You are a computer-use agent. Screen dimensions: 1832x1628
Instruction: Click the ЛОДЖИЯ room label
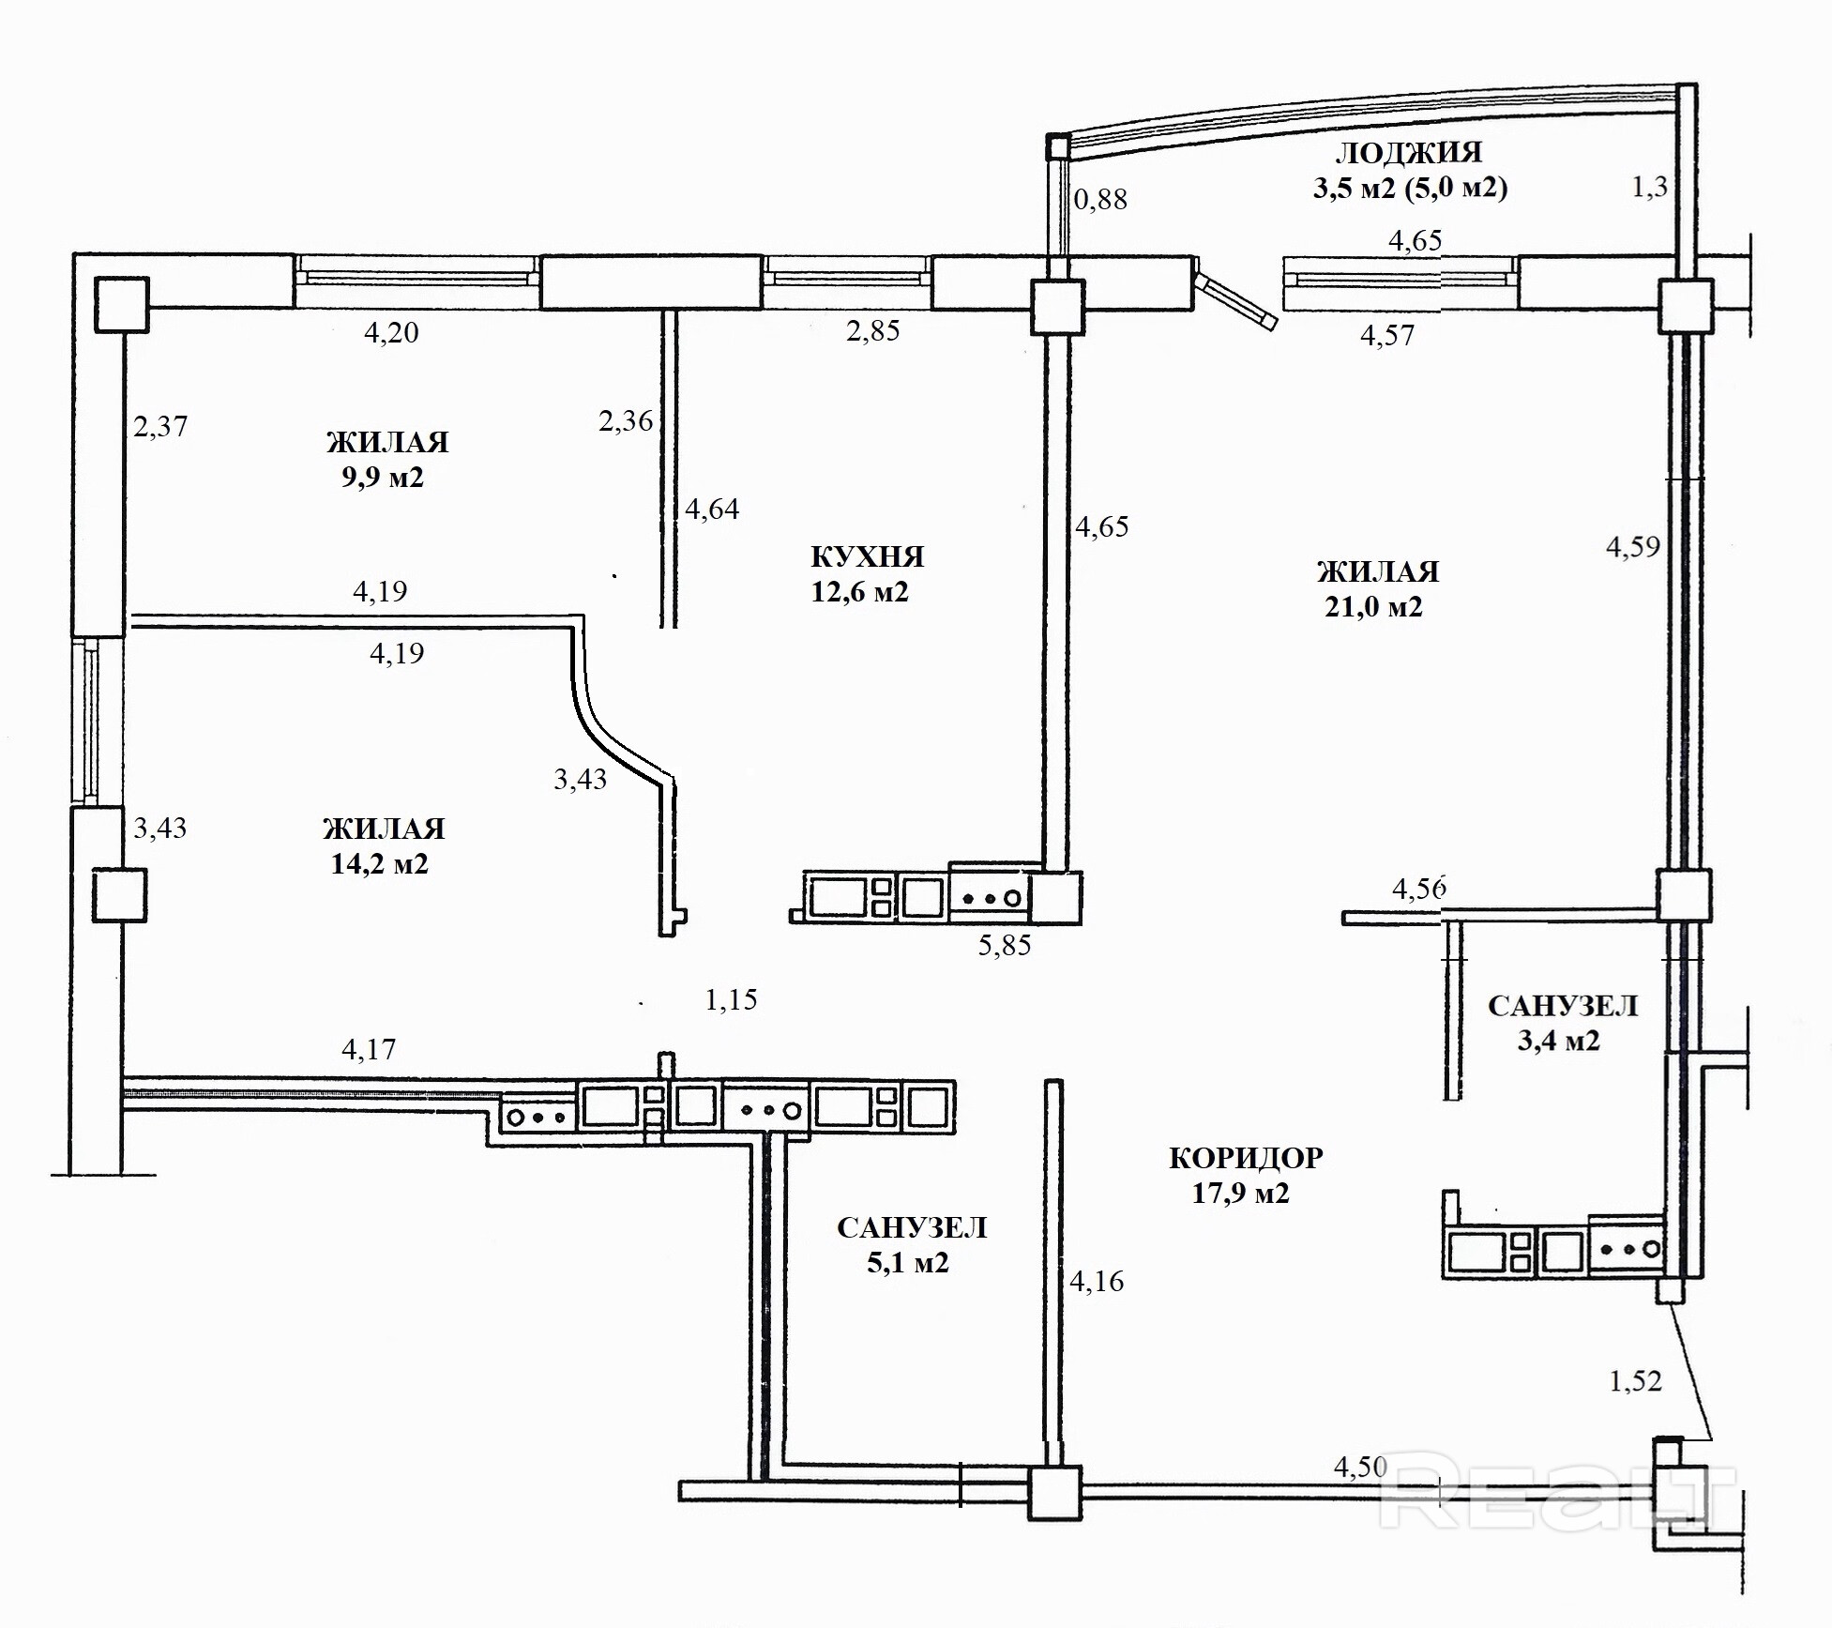click(x=1408, y=153)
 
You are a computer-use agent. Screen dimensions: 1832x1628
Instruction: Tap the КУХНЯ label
click(x=868, y=557)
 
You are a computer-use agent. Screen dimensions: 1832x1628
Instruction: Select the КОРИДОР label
click(x=1246, y=1158)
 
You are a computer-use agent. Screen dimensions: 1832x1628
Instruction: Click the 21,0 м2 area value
click(x=1373, y=607)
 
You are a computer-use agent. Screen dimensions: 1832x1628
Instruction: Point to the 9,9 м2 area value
click(x=382, y=478)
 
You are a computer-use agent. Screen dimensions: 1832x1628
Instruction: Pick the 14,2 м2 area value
click(x=379, y=863)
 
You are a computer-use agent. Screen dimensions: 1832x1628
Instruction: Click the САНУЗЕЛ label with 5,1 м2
click(x=912, y=1228)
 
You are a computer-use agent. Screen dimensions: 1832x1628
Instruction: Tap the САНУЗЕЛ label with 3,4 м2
click(x=1563, y=1006)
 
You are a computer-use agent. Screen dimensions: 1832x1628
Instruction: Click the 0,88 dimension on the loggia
click(x=1100, y=199)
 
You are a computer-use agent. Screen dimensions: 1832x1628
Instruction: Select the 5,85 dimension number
click(x=1005, y=945)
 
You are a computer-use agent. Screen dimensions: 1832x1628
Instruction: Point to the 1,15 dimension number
click(x=731, y=999)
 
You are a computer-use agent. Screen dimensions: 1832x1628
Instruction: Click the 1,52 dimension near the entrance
click(x=1635, y=1380)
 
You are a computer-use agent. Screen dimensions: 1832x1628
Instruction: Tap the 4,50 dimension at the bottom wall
click(x=1360, y=1467)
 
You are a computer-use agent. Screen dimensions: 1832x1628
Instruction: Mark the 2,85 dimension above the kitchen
click(x=873, y=330)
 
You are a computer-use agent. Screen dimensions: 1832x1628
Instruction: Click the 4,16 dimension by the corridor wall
click(x=1097, y=1281)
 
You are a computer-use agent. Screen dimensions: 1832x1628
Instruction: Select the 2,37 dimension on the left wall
click(x=160, y=427)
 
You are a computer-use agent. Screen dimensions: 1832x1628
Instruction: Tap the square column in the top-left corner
click(x=121, y=304)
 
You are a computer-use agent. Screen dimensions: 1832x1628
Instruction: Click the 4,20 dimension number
click(x=391, y=332)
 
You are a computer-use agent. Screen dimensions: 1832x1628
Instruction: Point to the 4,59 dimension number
click(x=1633, y=546)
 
